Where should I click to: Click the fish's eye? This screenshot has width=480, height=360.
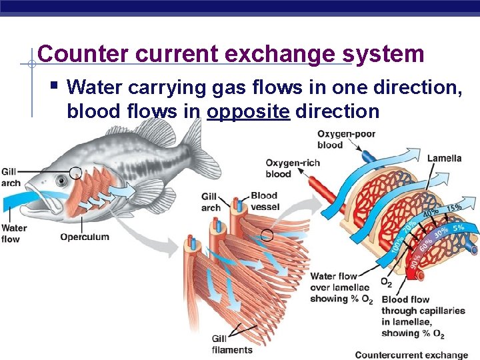point(61,180)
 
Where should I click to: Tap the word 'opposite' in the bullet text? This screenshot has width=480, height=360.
point(248,111)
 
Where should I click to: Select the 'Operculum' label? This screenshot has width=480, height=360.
point(84,237)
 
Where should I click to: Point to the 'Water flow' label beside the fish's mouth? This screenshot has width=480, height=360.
point(13,233)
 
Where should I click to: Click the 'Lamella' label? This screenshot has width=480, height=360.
point(444,159)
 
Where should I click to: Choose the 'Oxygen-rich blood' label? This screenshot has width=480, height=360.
point(293,168)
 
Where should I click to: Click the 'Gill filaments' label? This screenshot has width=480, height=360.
point(231,344)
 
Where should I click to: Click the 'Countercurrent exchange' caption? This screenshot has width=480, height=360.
point(411,355)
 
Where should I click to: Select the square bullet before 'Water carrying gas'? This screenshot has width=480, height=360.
point(54,85)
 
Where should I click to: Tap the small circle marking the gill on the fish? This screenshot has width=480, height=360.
point(75,173)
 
